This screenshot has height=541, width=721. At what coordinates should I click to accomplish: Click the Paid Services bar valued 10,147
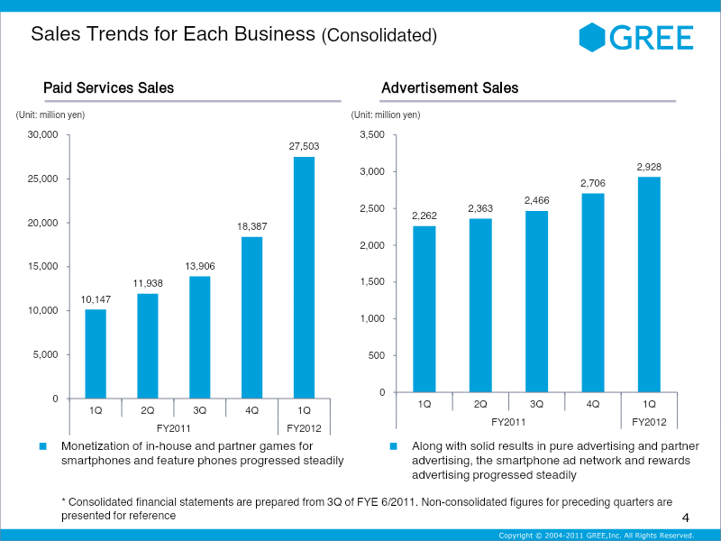(96, 353)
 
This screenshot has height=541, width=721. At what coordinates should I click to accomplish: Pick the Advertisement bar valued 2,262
(424, 308)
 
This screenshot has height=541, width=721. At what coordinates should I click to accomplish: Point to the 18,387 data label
(252, 225)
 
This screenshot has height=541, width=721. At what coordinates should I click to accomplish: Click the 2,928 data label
(649, 167)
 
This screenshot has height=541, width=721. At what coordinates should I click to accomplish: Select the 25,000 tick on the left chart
(42, 179)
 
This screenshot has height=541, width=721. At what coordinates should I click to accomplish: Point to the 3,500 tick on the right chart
(371, 135)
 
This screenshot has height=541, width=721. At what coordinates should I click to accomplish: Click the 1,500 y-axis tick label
(371, 282)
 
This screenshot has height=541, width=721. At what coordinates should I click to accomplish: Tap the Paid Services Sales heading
(108, 87)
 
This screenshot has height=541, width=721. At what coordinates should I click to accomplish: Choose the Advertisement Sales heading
(450, 87)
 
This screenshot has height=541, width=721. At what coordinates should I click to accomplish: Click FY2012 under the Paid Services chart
(304, 427)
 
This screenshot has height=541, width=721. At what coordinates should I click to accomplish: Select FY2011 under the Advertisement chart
(508, 421)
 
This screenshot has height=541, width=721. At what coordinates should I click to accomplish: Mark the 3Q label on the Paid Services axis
(200, 410)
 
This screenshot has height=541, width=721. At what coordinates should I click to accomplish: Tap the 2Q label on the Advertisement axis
(480, 404)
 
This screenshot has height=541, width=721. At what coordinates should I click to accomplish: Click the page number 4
(686, 518)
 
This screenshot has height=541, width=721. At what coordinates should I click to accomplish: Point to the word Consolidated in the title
(379, 36)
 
